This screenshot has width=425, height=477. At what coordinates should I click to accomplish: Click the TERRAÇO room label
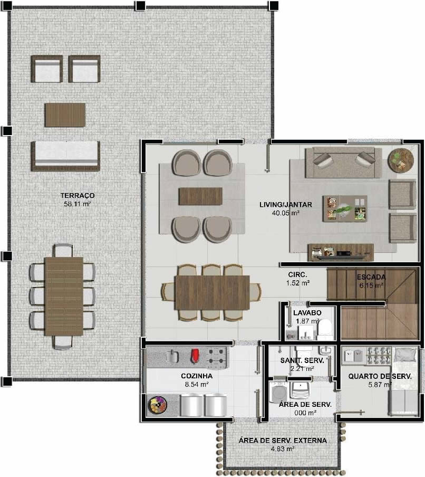coord(77,195)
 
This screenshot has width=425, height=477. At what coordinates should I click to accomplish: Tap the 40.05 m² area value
coord(285,213)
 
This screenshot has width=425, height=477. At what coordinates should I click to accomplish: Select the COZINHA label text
coord(197,376)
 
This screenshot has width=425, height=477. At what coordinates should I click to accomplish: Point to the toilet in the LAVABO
coord(325,329)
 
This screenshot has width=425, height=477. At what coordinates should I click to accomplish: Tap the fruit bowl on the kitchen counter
coord(158,405)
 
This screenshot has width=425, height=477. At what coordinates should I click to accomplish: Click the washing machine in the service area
coord(278,393)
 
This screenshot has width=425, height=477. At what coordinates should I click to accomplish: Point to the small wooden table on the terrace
coord(65,115)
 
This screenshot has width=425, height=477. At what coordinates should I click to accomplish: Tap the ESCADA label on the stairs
coord(371,277)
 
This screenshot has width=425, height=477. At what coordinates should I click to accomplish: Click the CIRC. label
coord(297,275)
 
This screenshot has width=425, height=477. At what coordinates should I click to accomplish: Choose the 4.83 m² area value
coord(283,449)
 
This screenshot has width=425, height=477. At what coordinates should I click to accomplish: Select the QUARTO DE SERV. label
coord(380,376)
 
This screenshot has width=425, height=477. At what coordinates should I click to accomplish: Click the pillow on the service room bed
coord(405,355)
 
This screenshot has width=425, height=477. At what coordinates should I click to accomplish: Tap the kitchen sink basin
coord(172,356)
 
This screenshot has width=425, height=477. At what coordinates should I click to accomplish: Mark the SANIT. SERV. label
coord(302,360)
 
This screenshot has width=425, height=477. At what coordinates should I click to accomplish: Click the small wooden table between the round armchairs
coord(201,196)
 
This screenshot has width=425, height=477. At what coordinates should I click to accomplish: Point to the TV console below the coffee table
coord(341,252)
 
